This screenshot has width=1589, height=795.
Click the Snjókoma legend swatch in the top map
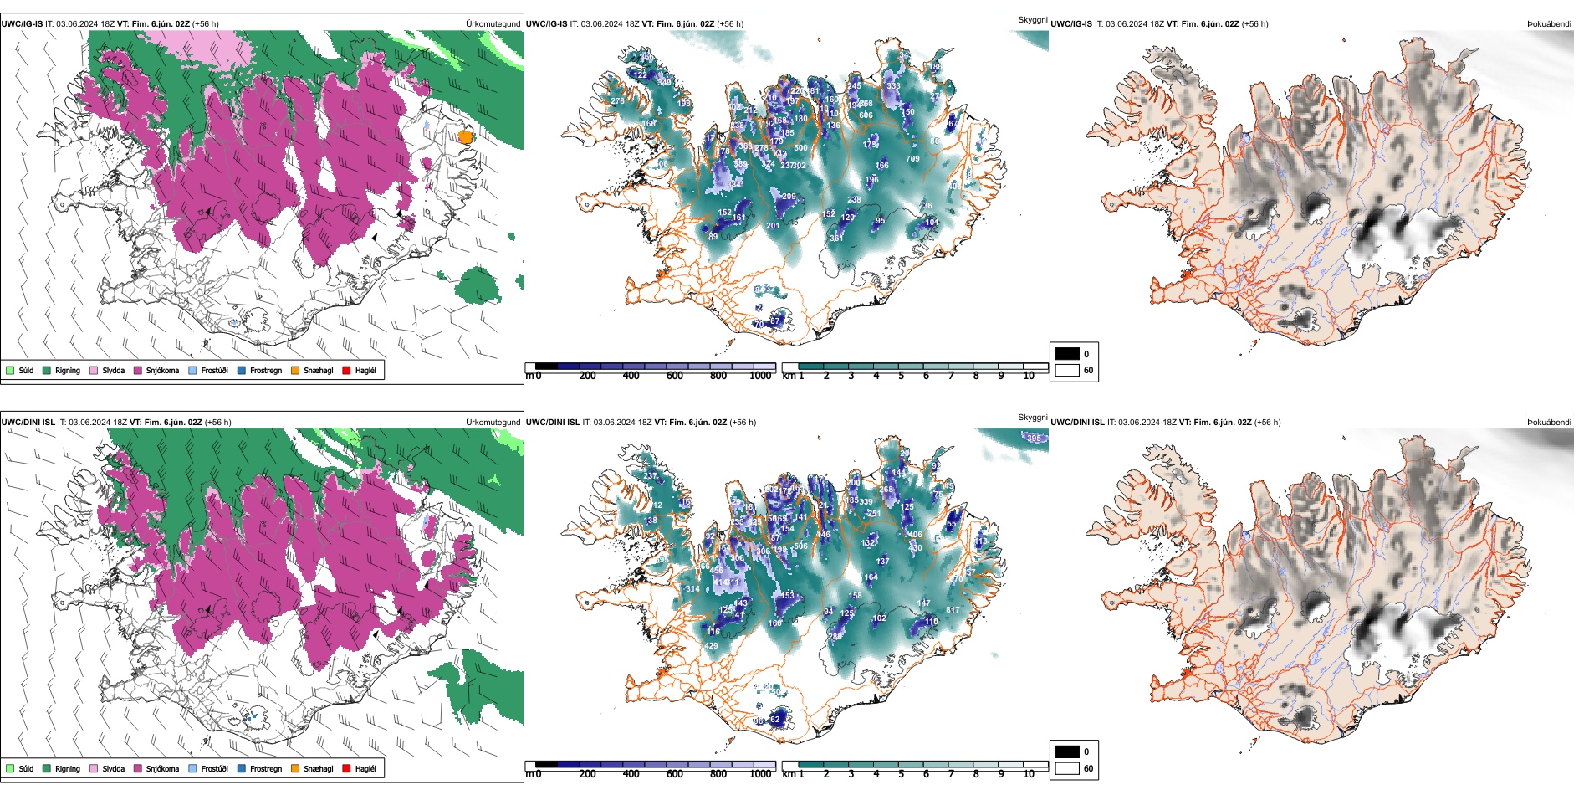pos(138,370)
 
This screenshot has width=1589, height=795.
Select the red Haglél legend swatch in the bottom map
pos(347,768)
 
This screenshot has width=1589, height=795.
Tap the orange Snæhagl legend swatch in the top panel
pos(295,370)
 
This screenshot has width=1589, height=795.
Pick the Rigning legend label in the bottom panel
pos(68,768)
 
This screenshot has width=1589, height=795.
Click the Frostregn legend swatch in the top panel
pos(242,370)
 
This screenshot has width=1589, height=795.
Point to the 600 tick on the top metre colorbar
pos(675,376)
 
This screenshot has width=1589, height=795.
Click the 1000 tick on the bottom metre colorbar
pos(760,774)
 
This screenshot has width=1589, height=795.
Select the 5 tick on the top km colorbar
pos(901,376)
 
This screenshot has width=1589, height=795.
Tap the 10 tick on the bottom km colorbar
pos(1029,774)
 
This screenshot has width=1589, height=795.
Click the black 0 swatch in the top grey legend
pos(1067,353)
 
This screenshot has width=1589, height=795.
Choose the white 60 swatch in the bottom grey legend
pos(1067,768)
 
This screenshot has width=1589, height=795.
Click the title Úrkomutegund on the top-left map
pos(493,24)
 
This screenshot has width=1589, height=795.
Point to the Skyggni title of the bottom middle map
pos(1032,418)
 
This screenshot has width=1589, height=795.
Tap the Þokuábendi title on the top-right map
pos(1550,24)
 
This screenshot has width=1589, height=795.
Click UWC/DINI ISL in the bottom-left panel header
pos(28,423)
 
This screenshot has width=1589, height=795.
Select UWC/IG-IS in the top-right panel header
pos(1070,24)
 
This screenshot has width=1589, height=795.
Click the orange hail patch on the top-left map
pos(466,136)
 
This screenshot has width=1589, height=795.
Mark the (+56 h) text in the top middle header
pos(730,24)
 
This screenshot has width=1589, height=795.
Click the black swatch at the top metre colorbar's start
pos(546,367)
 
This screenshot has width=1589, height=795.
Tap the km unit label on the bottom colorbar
pos(789,774)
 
